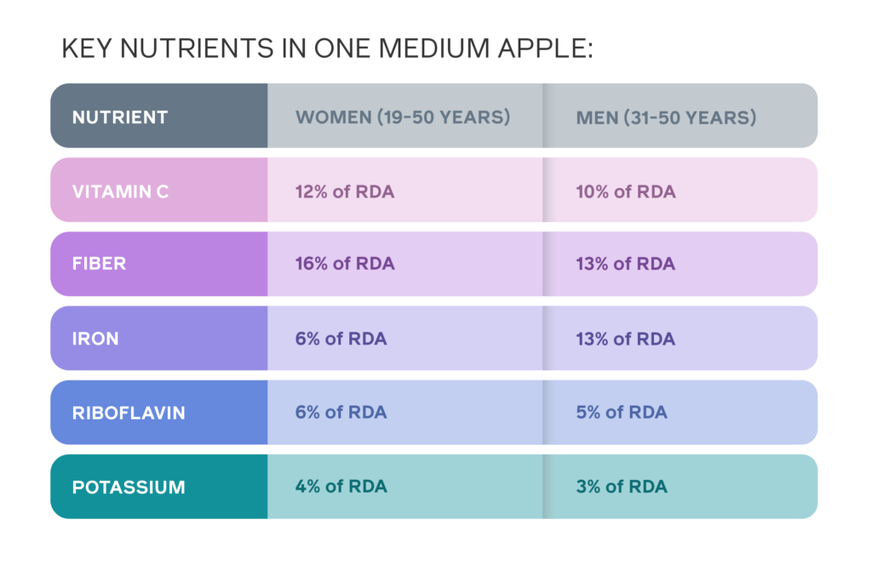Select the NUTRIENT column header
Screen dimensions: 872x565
(x=119, y=117)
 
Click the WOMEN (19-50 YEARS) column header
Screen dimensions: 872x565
(x=403, y=117)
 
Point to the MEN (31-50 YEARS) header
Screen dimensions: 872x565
(x=666, y=117)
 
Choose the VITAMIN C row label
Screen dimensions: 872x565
(x=120, y=191)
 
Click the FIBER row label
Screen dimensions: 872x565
(x=99, y=263)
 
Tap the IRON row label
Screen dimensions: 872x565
(x=95, y=339)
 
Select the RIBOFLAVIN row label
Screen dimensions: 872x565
(x=129, y=413)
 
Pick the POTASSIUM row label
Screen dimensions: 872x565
(x=129, y=488)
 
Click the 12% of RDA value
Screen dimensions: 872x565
(x=345, y=191)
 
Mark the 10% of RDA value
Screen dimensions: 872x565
(x=626, y=191)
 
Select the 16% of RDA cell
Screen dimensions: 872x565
(x=345, y=263)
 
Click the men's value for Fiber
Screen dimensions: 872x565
(x=626, y=263)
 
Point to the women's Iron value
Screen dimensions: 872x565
(x=341, y=339)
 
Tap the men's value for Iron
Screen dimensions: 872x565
(x=626, y=339)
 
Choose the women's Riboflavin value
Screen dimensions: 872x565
(x=341, y=412)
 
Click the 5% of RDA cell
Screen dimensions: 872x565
(x=622, y=412)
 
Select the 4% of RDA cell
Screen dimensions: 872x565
(x=341, y=486)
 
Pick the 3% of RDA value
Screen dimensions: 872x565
(x=622, y=486)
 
